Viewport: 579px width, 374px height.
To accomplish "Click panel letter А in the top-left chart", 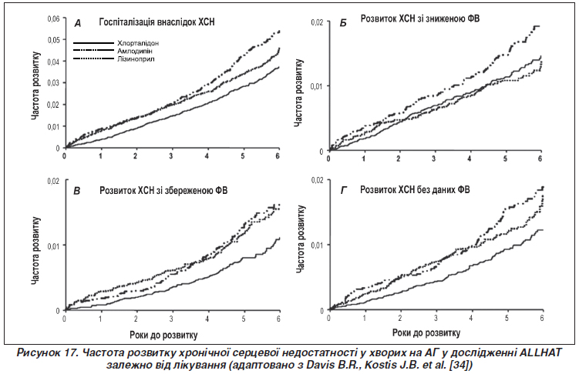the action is [78, 24].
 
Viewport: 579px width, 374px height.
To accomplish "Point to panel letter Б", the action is [343, 24].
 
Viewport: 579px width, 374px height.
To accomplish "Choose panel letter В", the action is [77, 191].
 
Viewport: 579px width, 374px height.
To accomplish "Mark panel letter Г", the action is [344, 191].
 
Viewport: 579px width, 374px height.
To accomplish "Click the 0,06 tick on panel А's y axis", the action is [53, 18].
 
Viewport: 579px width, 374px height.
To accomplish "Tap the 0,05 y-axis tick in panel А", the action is [53, 40].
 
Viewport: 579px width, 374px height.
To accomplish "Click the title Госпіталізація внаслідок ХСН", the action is [157, 22].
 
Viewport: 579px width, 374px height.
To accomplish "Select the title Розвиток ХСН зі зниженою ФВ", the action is [420, 18].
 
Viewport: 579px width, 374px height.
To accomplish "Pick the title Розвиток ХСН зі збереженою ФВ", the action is [163, 191].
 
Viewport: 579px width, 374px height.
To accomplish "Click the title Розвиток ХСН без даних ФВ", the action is [415, 190].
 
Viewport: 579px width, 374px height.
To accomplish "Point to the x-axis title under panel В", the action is [163, 335].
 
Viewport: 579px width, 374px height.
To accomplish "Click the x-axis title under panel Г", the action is [426, 332].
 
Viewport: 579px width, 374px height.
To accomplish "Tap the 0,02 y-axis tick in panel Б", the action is [317, 22].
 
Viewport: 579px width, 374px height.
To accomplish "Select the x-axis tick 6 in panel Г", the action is [542, 318].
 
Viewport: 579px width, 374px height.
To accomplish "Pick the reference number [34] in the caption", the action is [461, 366].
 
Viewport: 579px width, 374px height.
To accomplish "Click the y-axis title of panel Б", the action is [298, 92].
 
